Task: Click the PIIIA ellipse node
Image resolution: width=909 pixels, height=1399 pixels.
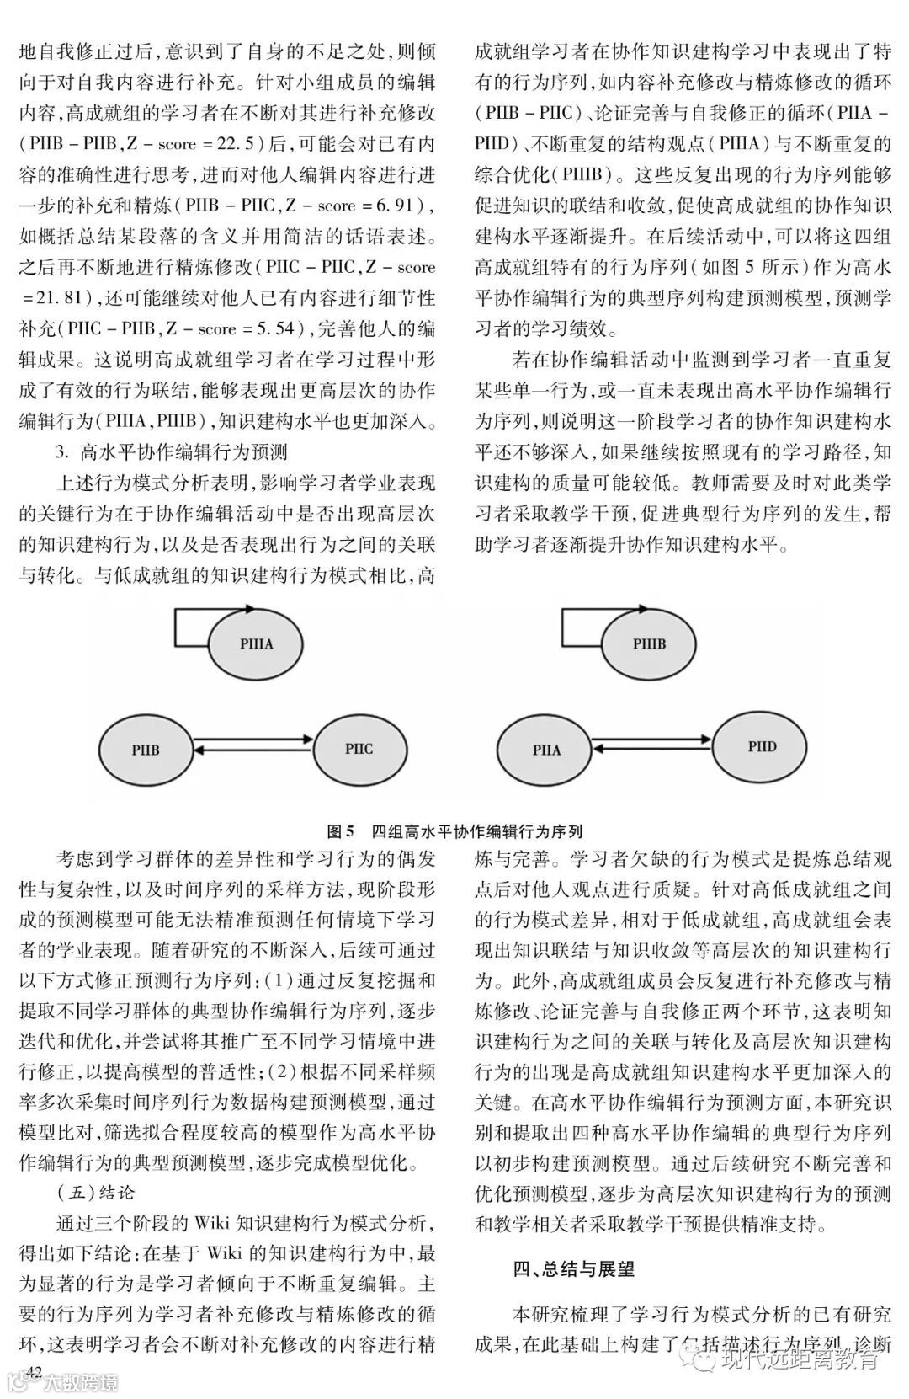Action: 257,644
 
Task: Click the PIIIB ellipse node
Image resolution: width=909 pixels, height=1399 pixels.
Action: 649,644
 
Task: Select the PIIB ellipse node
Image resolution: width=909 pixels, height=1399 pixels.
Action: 146,749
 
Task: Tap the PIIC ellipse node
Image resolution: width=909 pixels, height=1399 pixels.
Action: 359,748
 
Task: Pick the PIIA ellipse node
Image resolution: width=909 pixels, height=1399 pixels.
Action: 546,749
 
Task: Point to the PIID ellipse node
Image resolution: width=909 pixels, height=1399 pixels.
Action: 762,746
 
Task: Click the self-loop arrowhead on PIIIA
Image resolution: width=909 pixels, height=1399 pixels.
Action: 249,607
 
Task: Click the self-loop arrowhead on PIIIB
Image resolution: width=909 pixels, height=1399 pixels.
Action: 643,608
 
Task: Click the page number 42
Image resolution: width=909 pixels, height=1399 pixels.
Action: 34,1370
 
